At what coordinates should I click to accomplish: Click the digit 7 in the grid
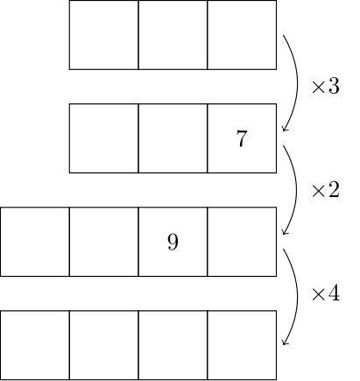pos(242,138)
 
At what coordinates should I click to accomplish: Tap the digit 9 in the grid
pos(173,242)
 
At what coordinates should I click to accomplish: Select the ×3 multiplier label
pos(326,87)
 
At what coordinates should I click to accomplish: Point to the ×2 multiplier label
pos(326,190)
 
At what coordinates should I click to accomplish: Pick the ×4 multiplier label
pos(326,293)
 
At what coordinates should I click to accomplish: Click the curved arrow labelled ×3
pos(298,83)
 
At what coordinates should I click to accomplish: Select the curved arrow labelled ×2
pos(298,190)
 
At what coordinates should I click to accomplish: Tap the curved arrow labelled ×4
pos(298,296)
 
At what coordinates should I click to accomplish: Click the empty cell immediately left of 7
pos(173,138)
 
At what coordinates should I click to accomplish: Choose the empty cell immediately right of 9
pos(242,242)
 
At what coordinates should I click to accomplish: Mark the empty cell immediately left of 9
pos(104,242)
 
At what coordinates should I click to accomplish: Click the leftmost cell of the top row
pos(104,35)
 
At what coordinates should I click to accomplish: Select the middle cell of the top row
pos(173,35)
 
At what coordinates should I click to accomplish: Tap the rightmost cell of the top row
pos(242,35)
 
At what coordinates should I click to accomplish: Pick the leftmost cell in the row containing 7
pos(104,138)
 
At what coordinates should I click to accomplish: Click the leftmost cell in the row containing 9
pos(35,242)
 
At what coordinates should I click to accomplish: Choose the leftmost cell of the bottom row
pos(35,345)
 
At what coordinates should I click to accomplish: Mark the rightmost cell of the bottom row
pos(242,345)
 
